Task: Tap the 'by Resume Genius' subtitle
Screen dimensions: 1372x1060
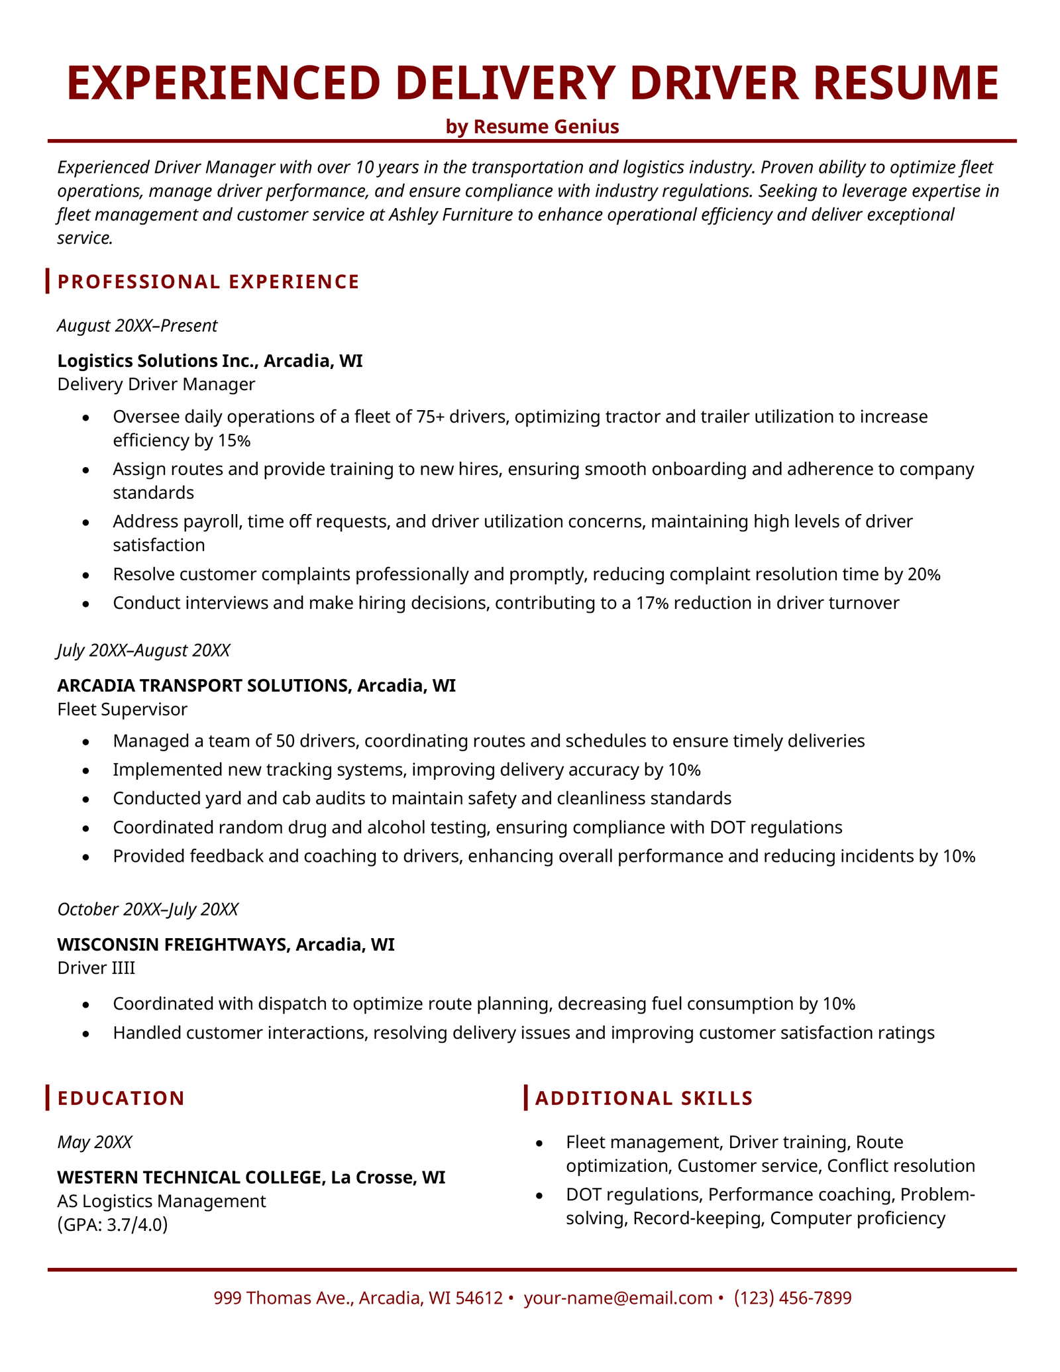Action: pyautogui.click(x=532, y=127)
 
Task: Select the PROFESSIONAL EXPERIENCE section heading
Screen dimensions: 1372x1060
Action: pyautogui.click(x=208, y=282)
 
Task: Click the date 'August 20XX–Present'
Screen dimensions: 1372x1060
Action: pyautogui.click(x=137, y=325)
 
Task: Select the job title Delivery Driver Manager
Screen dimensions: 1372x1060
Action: pyautogui.click(x=156, y=384)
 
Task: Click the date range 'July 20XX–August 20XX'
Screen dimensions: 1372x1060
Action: pyautogui.click(x=144, y=650)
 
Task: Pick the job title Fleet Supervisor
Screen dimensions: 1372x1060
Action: pyautogui.click(x=123, y=710)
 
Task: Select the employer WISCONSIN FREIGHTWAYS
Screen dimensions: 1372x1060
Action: pyautogui.click(x=173, y=945)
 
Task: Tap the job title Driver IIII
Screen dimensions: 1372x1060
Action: pyautogui.click(x=96, y=968)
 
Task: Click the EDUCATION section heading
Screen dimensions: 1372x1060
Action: pyautogui.click(x=121, y=1098)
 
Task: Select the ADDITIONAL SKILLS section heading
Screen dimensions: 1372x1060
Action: pyautogui.click(x=643, y=1098)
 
